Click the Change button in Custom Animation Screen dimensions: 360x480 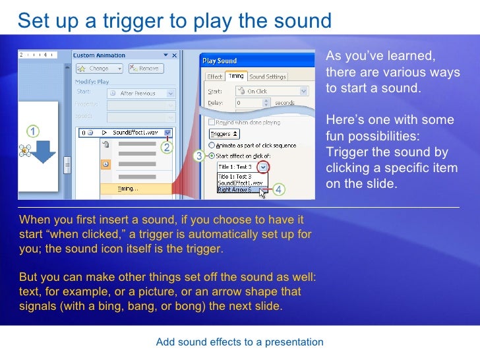[x=98, y=68]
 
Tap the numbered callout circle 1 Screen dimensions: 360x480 [x=32, y=130]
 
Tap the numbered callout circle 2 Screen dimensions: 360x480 [x=167, y=147]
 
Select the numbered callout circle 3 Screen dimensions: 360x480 [x=198, y=156]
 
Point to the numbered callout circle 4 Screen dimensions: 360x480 [x=279, y=190]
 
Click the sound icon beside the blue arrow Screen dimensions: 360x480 [x=26, y=151]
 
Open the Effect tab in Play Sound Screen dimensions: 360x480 [x=215, y=76]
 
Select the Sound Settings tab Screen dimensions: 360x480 [x=268, y=76]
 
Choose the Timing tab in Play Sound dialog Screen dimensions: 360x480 [x=237, y=76]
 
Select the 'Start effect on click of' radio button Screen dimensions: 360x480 [x=212, y=156]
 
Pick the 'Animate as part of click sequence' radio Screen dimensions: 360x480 [x=212, y=145]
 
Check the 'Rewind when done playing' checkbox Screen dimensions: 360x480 [x=212, y=123]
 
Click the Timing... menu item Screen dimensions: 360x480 [x=128, y=189]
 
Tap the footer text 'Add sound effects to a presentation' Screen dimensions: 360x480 [x=240, y=342]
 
